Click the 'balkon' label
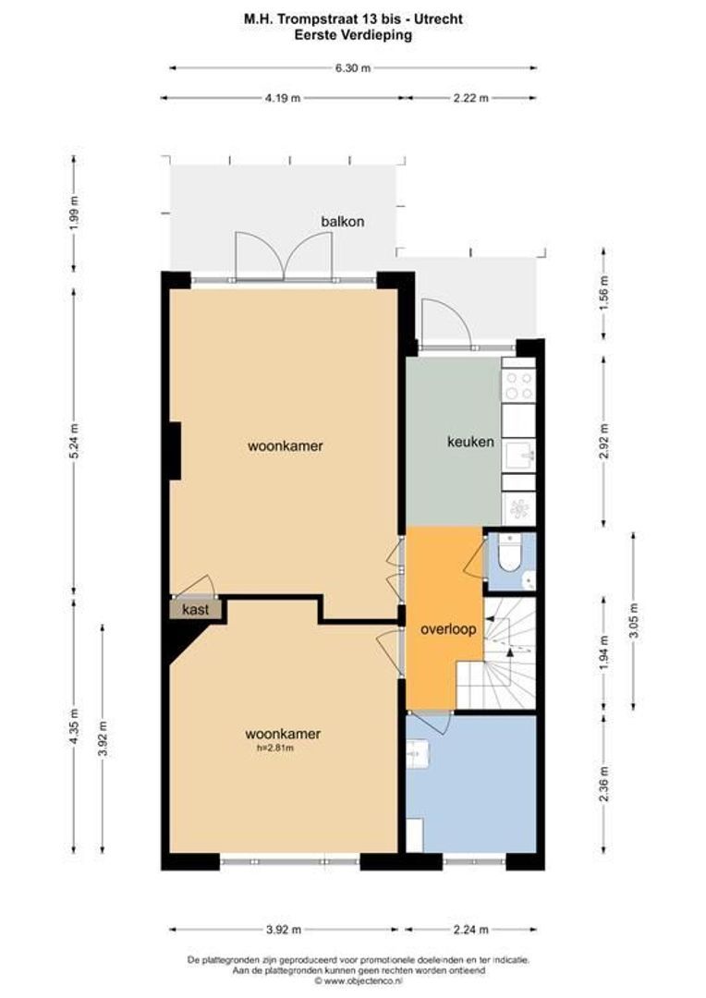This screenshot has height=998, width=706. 343,222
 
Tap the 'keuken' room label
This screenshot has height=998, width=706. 470,442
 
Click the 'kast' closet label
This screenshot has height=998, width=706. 195,610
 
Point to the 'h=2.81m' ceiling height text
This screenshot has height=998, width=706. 284,748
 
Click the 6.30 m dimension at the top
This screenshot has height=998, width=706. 352,67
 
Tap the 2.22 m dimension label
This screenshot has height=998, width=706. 470,99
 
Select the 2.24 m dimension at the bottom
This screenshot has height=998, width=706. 470,930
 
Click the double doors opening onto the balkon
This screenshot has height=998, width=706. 284,256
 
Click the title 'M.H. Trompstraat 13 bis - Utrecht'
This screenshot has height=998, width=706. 354,18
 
